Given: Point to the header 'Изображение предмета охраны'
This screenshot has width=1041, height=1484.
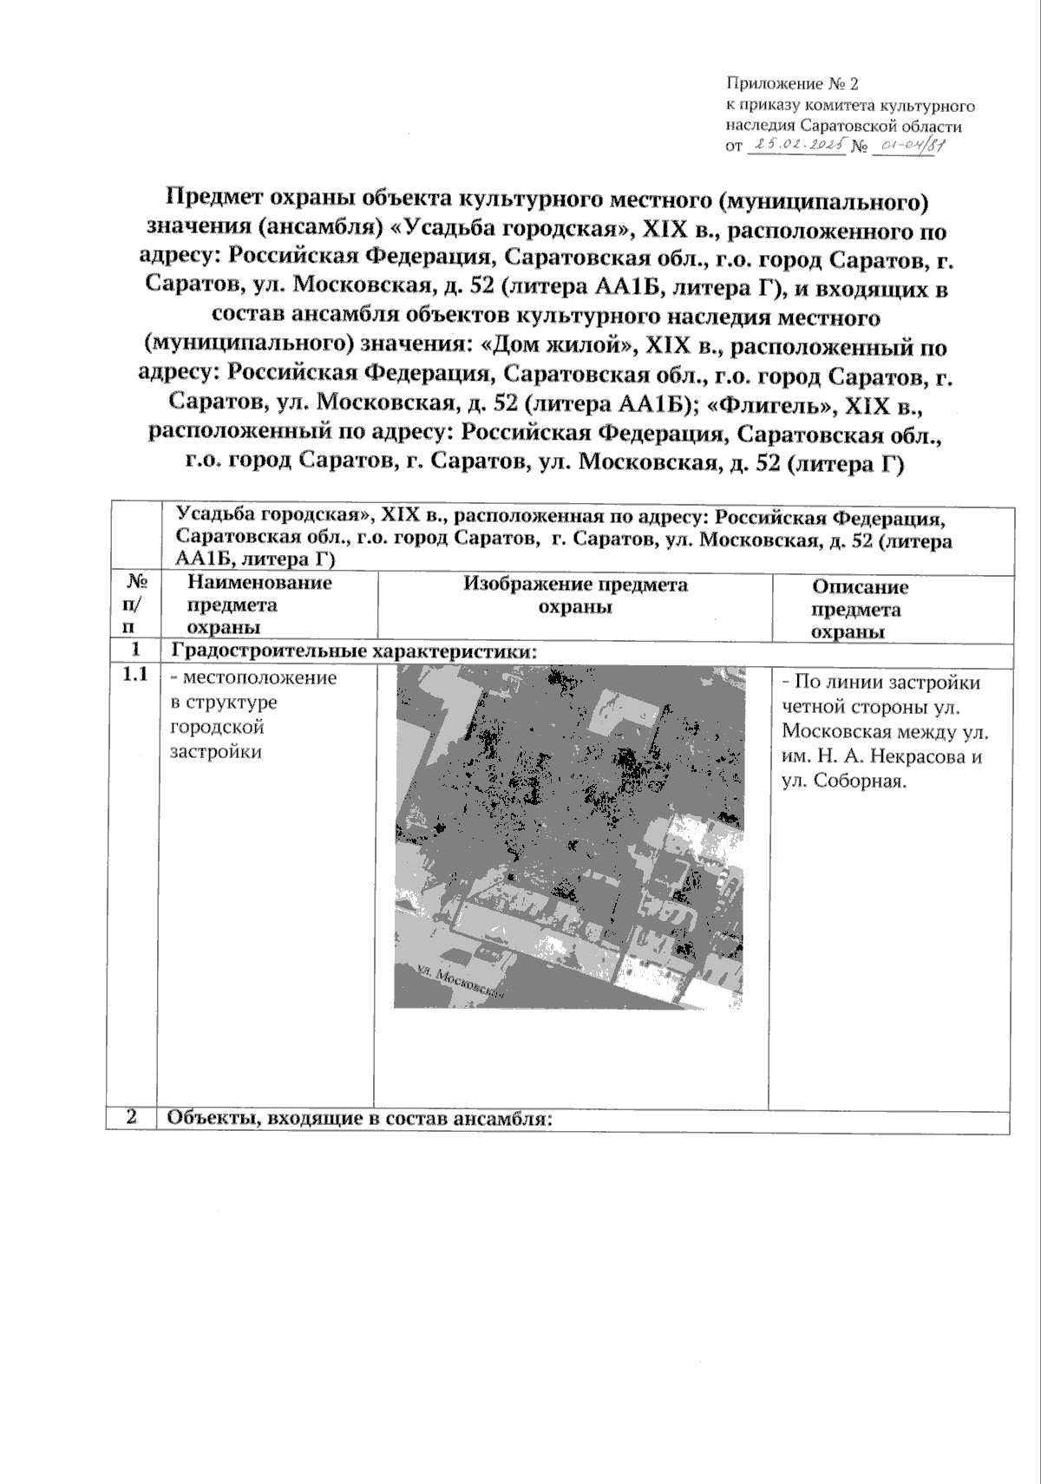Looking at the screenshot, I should (575, 595).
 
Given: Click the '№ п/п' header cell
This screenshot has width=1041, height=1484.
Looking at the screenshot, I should (132, 604).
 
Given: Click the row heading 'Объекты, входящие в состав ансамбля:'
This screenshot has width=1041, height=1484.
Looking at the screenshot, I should (358, 1119).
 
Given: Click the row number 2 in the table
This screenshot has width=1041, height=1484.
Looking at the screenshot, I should (132, 1117).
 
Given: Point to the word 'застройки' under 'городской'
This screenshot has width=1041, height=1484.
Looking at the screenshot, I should (216, 751).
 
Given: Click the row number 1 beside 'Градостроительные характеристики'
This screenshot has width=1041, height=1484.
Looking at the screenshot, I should (132, 650).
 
